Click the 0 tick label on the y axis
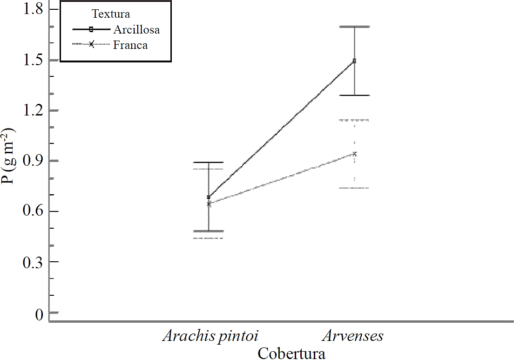point(39,313)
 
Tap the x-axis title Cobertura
point(291,353)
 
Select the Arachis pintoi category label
point(210,336)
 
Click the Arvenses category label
point(354,336)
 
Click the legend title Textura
point(111,14)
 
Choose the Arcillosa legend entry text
point(136,30)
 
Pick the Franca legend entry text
point(130,45)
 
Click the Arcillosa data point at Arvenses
point(354,61)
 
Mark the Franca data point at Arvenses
point(354,154)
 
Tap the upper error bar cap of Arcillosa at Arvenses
point(354,27)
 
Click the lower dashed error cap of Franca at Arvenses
point(354,188)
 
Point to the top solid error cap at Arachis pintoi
point(209,162)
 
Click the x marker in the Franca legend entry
point(91,45)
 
